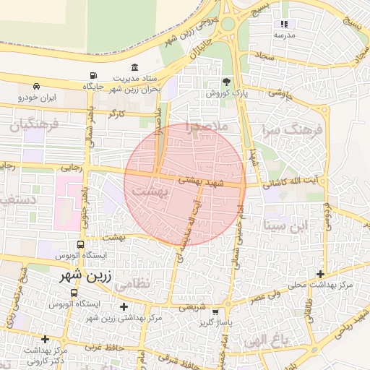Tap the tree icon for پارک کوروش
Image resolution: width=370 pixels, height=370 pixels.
coord(226,83)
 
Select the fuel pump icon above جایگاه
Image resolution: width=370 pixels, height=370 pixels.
coord(93,76)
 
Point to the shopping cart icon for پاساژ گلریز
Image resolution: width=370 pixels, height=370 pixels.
coord(215,312)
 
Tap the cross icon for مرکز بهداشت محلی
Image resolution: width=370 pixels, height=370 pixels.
coord(320,274)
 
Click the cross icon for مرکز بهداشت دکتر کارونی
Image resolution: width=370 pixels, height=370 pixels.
coord(46,339)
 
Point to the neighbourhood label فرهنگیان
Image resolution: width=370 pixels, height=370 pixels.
coord(29,124)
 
